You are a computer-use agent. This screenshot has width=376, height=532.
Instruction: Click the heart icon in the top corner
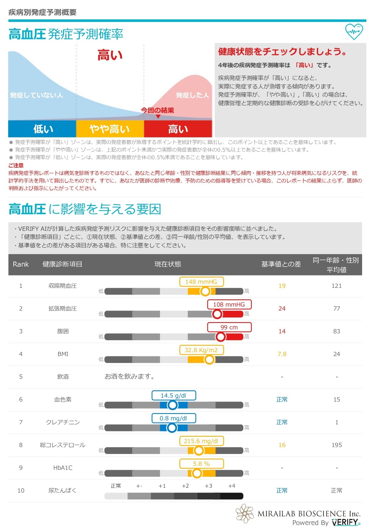tap(354, 32)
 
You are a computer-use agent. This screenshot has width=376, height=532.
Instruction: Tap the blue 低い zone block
tap(42, 129)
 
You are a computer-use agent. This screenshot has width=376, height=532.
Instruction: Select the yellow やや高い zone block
tap(110, 129)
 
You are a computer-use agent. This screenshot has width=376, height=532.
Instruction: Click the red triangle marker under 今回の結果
tap(158, 116)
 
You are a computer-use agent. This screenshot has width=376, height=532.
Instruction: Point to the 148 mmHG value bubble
tap(201, 282)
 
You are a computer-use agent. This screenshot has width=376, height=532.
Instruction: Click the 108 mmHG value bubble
tap(229, 305)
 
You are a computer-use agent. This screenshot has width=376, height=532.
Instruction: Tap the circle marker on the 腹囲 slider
tap(221, 337)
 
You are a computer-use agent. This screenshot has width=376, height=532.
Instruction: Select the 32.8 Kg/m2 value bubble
tap(201, 350)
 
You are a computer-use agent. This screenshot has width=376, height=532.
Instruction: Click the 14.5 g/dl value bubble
tap(174, 396)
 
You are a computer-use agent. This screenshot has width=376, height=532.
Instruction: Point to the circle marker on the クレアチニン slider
tap(172, 428)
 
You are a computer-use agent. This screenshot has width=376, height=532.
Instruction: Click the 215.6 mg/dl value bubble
tap(201, 441)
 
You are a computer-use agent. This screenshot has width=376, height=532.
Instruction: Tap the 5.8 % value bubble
tap(201, 464)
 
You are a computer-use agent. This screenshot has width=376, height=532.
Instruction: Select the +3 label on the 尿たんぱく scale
tap(208, 486)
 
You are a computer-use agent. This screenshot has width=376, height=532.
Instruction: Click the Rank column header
tap(21, 264)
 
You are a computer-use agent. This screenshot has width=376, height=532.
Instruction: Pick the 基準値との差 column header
tap(281, 264)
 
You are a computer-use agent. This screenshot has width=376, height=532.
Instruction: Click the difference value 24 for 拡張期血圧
tap(282, 308)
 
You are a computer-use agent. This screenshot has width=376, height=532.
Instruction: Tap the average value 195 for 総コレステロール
tap(337, 445)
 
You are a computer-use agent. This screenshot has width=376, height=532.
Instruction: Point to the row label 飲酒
tap(63, 377)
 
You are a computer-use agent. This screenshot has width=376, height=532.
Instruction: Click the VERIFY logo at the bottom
tap(345, 522)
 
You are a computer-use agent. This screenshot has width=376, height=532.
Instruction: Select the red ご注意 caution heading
tap(16, 165)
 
